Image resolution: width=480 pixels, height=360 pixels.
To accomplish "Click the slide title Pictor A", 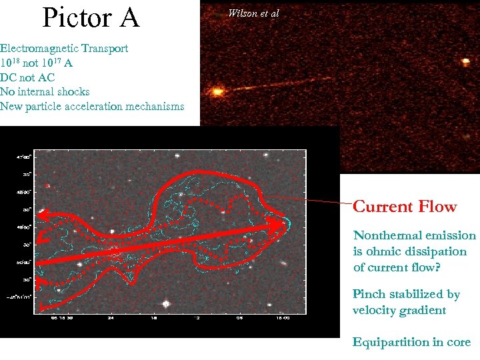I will [91, 18].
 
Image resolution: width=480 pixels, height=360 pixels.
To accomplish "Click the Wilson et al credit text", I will [253, 13].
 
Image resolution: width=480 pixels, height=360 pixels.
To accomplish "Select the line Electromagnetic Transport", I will [64, 49].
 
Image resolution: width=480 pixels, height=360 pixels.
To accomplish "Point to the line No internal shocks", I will [45, 92].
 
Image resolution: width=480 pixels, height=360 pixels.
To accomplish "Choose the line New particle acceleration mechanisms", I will [92, 107].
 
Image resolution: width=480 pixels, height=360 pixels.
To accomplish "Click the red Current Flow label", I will [405, 207].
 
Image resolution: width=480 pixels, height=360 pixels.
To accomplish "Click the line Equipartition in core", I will [411, 342].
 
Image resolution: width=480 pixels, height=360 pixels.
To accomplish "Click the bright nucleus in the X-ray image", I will [217, 91].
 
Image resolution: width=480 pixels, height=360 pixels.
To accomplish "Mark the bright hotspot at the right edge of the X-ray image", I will [464, 62].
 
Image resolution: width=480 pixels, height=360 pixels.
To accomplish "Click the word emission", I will [453, 235].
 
